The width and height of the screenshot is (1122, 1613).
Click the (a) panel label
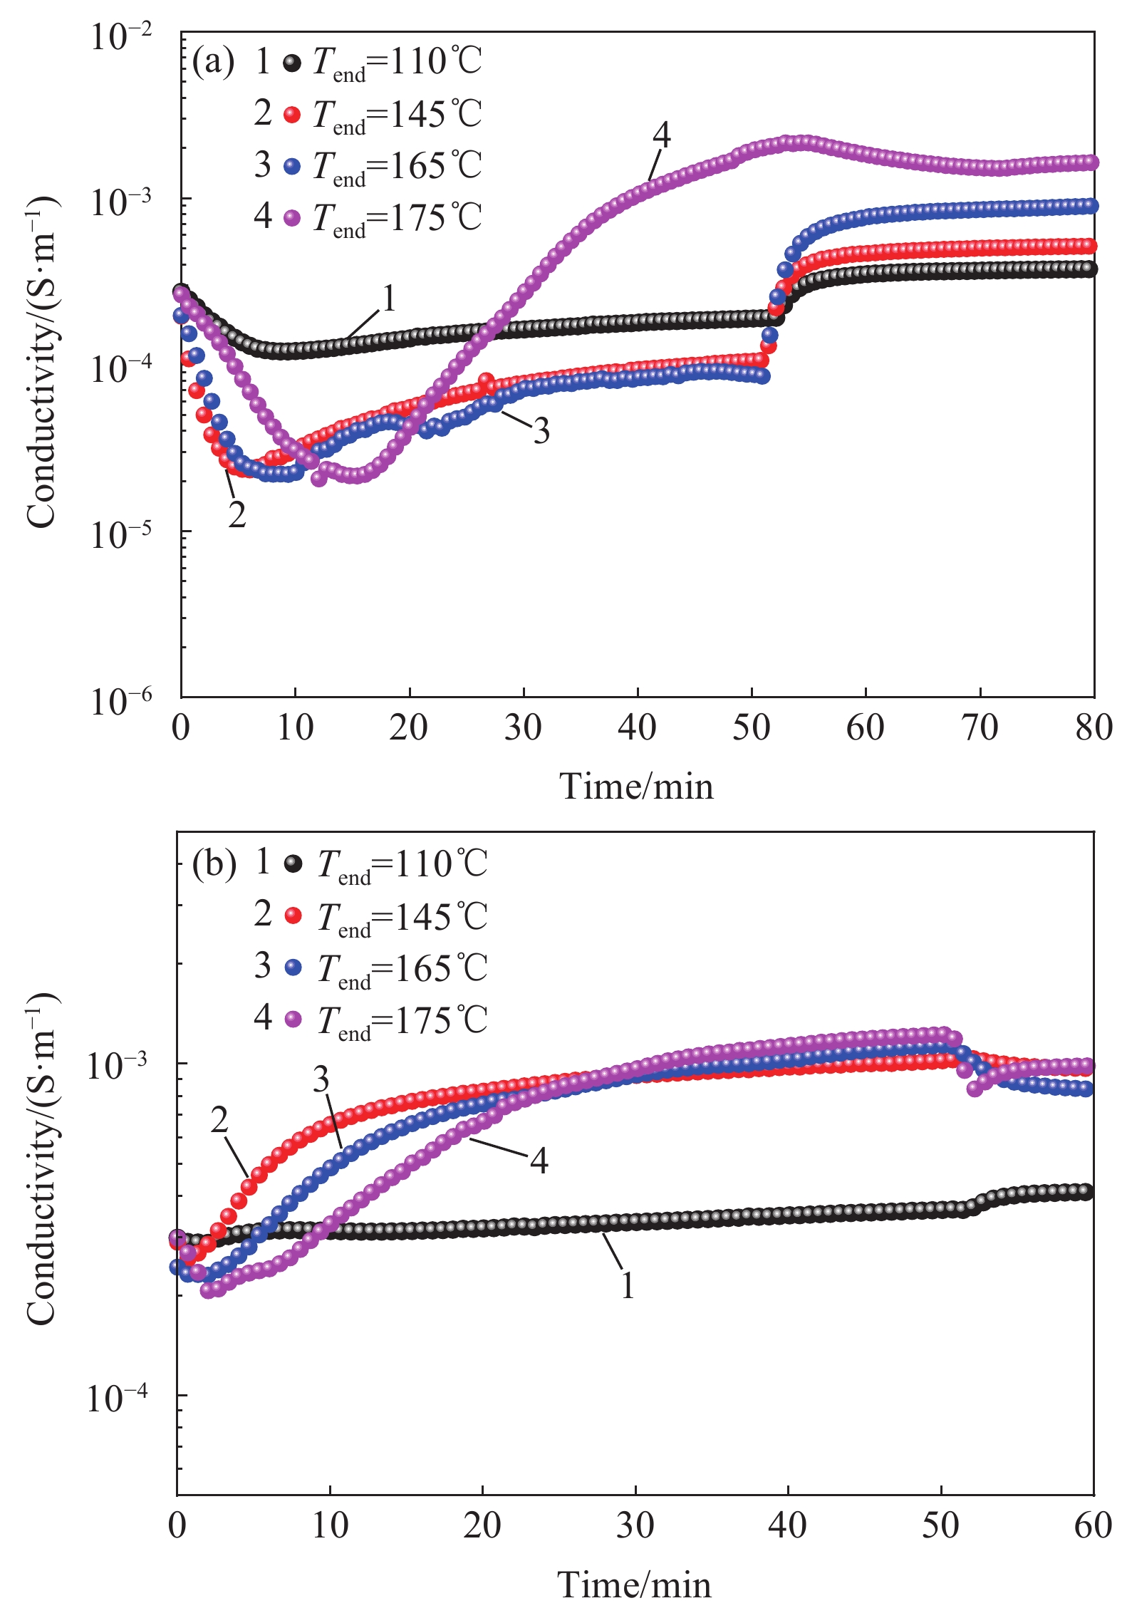coord(213,63)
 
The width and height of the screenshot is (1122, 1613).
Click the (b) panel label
coord(214,865)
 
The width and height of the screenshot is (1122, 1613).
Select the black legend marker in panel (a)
coord(292,63)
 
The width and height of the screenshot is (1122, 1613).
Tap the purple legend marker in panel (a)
coord(292,218)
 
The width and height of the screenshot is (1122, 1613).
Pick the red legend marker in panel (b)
coord(294,916)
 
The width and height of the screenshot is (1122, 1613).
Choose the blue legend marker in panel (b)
coord(294,968)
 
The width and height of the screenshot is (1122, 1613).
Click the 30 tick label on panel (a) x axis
coord(524,728)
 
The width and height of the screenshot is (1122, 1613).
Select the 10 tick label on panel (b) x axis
coord(331,1526)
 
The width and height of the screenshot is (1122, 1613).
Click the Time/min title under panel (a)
coord(636,787)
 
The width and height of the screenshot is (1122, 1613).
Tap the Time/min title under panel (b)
coord(634,1586)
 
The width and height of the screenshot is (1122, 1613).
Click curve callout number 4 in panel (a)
coord(662,135)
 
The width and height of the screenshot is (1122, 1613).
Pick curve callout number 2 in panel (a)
coord(237,514)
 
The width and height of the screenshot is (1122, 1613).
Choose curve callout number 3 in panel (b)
coord(321,1080)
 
